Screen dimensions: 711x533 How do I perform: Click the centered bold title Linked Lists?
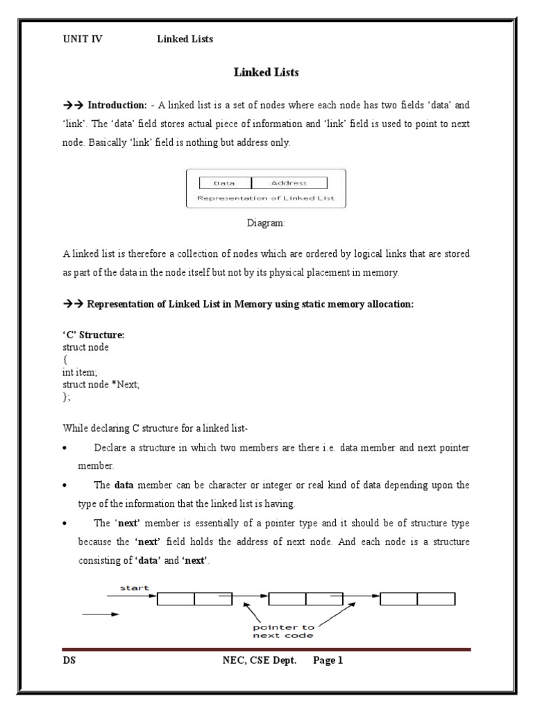tap(266, 72)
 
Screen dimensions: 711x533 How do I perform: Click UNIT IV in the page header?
tap(82, 39)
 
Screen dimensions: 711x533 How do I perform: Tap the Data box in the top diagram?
tap(224, 183)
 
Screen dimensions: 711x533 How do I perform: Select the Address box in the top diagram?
tap(288, 183)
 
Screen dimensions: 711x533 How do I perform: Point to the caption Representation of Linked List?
tap(266, 198)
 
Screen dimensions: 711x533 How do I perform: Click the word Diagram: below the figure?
tap(266, 224)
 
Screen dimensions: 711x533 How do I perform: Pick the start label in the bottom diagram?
tap(135, 587)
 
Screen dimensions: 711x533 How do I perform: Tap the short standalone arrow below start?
tap(101, 614)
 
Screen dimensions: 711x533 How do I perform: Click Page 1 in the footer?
tap(328, 661)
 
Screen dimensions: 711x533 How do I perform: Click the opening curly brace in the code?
tap(65, 360)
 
